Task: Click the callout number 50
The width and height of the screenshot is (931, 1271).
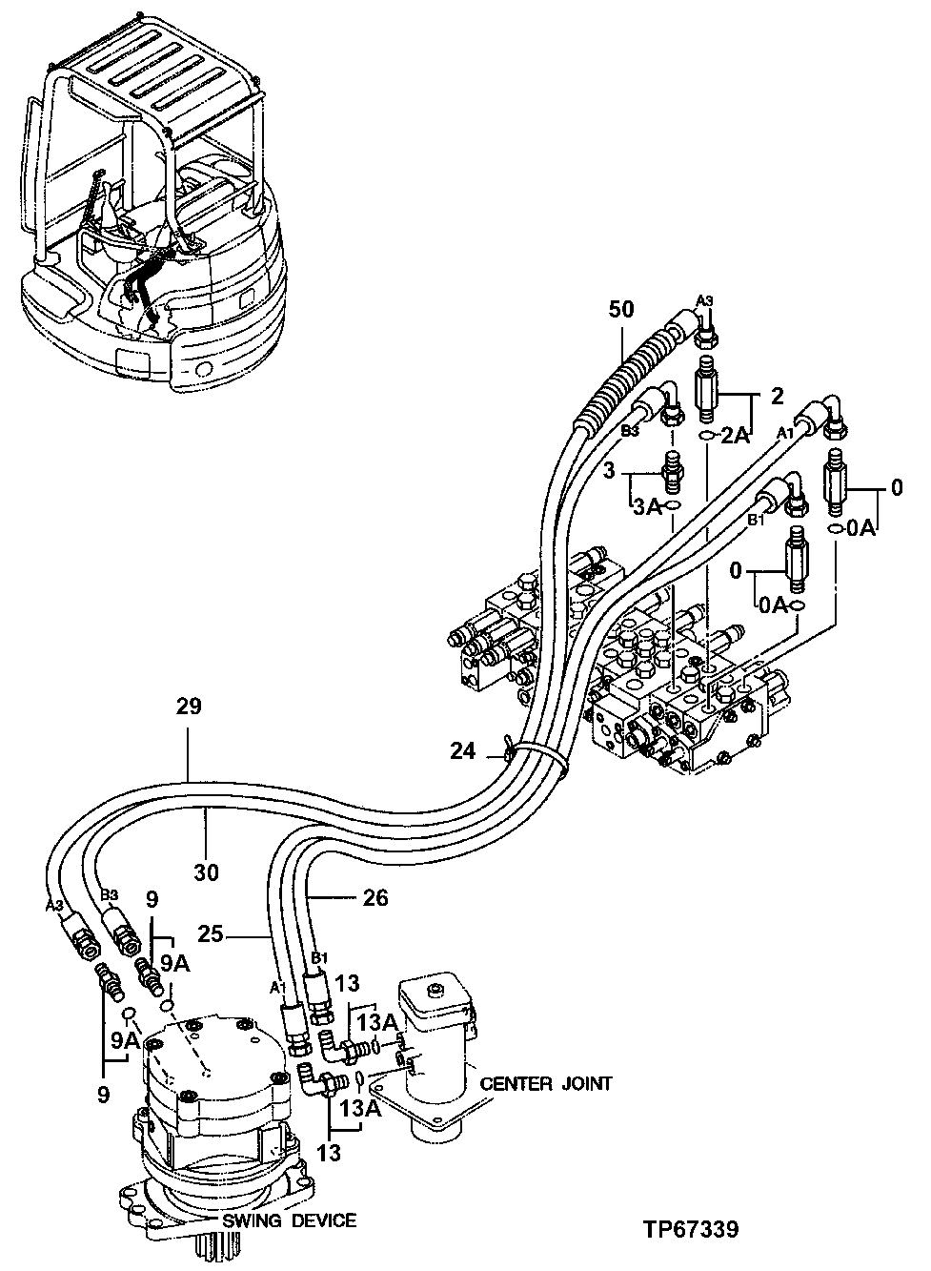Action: pyautogui.click(x=621, y=310)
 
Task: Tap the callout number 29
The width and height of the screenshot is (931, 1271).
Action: pyautogui.click(x=188, y=707)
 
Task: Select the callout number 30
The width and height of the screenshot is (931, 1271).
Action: pyautogui.click(x=207, y=871)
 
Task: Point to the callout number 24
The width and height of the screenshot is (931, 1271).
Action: pyautogui.click(x=462, y=751)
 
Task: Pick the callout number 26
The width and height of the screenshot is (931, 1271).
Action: pyautogui.click(x=376, y=898)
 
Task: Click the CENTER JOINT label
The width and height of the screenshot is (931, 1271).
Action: pyautogui.click(x=545, y=1084)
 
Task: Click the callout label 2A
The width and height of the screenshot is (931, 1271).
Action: pyautogui.click(x=735, y=436)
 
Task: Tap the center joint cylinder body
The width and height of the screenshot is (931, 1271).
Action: pyautogui.click(x=435, y=1058)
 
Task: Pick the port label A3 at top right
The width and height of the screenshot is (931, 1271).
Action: pyautogui.click(x=703, y=301)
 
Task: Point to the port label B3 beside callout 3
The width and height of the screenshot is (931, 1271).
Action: pyautogui.click(x=630, y=431)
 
